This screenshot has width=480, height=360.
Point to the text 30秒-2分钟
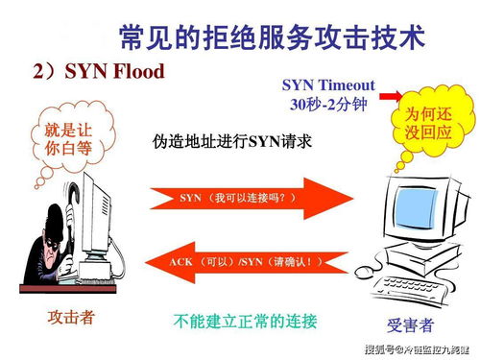click(x=326, y=103)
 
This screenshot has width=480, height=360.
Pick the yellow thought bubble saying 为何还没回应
click(x=430, y=123)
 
